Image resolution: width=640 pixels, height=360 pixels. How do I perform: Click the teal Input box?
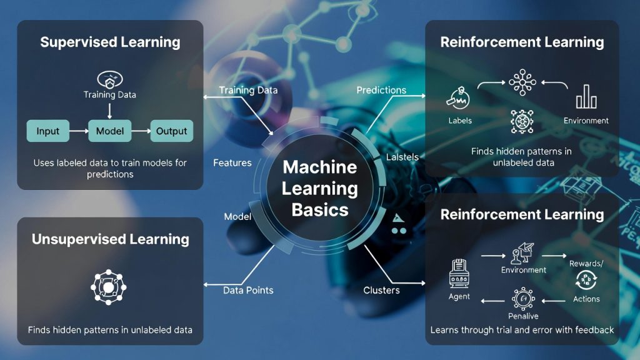[x=47, y=131]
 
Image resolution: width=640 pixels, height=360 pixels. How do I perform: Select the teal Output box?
[x=171, y=131]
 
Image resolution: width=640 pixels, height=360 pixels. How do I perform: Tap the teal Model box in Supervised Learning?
[x=109, y=131]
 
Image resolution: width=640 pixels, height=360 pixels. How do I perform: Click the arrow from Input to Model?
[x=78, y=131]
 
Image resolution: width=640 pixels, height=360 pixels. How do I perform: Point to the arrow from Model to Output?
[x=141, y=131]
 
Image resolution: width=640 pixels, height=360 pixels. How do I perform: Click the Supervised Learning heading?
[x=110, y=42]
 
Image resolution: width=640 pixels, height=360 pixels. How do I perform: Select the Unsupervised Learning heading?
[x=110, y=239]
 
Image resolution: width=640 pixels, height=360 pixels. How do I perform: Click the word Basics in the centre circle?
[x=320, y=209]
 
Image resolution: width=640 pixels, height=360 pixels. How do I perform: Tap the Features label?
[x=232, y=163]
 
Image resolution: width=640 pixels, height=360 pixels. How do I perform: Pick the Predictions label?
[x=381, y=90]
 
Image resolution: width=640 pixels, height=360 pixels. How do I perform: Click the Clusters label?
[x=381, y=290]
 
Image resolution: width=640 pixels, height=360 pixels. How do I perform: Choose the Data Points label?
[x=248, y=290]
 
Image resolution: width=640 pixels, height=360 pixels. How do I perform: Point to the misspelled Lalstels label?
[x=402, y=156]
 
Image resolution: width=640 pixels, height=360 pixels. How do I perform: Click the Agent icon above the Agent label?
[x=459, y=274]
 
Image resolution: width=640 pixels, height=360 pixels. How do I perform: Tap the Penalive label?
[x=523, y=316]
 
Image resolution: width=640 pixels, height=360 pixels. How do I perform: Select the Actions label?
[x=586, y=299]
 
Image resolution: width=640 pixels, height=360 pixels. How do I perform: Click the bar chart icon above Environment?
[x=586, y=98]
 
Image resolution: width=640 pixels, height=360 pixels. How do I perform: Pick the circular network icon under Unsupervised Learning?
[x=108, y=287]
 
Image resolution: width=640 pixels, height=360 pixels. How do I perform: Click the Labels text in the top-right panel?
[x=460, y=121]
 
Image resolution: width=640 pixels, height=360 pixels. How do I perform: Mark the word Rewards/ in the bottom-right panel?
[x=586, y=263]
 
